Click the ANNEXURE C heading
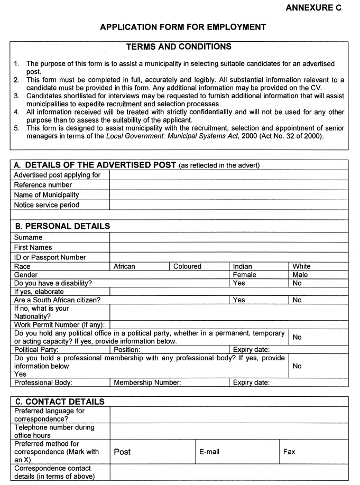click(x=313, y=8)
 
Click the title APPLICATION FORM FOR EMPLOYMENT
click(x=183, y=27)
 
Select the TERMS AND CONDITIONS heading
click(x=179, y=47)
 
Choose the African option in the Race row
click(x=125, y=266)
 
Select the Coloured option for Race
click(x=187, y=266)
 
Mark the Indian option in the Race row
click(x=243, y=266)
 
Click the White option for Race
click(x=301, y=266)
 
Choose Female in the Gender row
click(x=244, y=275)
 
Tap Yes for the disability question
click(x=239, y=283)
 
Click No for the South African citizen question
click(x=297, y=300)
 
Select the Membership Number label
click(x=147, y=383)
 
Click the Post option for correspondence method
click(x=122, y=452)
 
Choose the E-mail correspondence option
click(x=209, y=452)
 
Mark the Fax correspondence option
click(x=289, y=452)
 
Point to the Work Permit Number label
click(x=59, y=324)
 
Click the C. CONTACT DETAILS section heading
click(x=59, y=402)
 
